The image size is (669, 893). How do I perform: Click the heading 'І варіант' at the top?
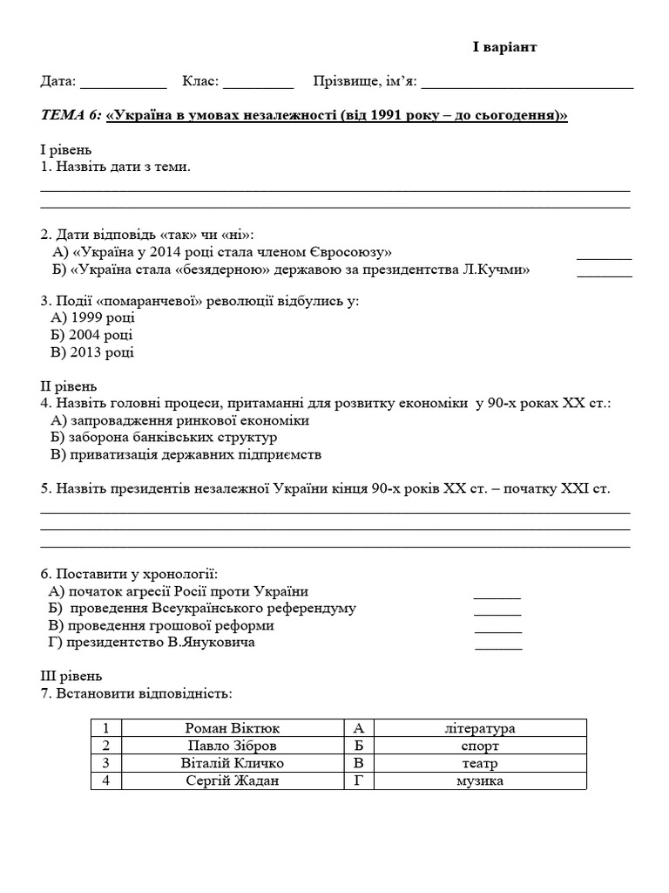point(504,47)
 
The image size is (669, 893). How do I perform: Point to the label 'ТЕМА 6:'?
point(71,116)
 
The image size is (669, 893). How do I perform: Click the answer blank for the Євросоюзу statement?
point(605,257)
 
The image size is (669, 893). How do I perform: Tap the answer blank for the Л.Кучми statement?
point(605,275)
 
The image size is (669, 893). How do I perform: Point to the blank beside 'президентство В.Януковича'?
point(498,647)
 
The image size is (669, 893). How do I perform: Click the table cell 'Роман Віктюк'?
point(233,728)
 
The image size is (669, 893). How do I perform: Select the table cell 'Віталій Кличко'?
point(233,763)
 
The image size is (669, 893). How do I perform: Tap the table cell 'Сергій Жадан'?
point(233,781)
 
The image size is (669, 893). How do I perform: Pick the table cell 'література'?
point(479,728)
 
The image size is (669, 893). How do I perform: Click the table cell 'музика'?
point(479,781)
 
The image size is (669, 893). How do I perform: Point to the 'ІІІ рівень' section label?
point(71,676)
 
